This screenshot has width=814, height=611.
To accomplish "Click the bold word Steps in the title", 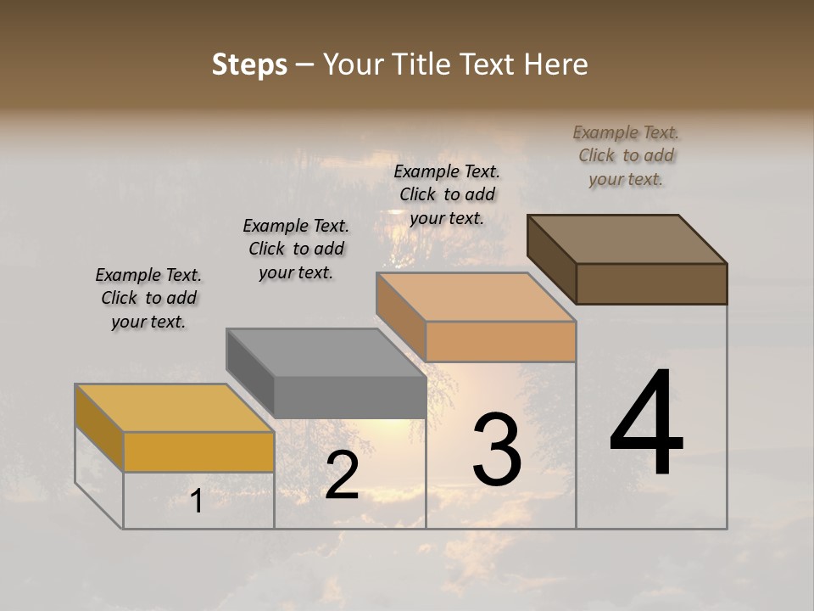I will (x=249, y=64).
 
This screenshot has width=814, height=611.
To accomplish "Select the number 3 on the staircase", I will (x=497, y=450).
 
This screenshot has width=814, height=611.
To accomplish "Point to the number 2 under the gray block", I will (x=343, y=475).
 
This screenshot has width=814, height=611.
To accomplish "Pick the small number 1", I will (x=196, y=502).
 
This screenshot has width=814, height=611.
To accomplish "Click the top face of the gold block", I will (x=174, y=408).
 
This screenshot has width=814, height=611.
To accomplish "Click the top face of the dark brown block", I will (x=627, y=239).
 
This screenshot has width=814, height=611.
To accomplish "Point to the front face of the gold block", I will (x=198, y=451).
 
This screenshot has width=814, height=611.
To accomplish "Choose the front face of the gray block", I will (x=349, y=397).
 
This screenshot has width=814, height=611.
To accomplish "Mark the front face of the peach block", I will (x=500, y=341).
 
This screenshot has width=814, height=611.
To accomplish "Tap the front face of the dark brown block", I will (x=651, y=283).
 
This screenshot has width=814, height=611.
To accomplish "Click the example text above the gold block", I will (x=148, y=298).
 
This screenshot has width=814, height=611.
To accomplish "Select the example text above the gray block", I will (x=296, y=249).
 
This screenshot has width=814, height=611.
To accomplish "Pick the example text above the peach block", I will (x=447, y=194).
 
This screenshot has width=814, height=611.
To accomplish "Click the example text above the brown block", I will (x=626, y=155).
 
